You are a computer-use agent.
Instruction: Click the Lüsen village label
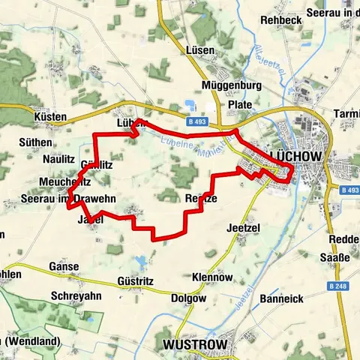point(199,50)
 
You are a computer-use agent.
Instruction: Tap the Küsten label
point(50,118)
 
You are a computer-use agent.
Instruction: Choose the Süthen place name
point(36,142)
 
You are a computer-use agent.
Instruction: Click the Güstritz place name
point(135,280)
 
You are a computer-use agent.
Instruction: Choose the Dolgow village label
point(187,298)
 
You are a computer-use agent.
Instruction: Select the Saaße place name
point(337,258)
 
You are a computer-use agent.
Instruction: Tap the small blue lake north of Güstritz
point(141,262)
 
